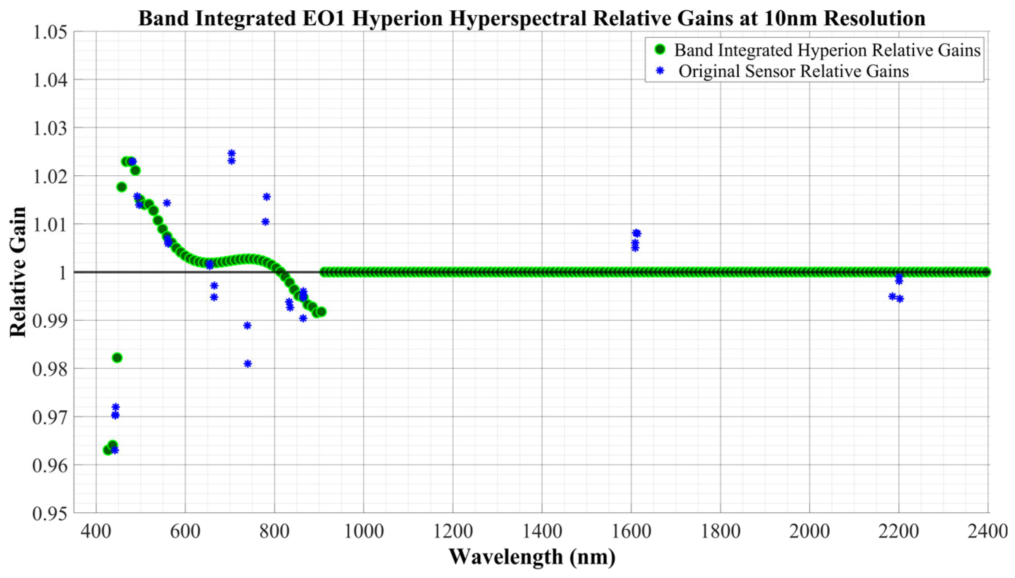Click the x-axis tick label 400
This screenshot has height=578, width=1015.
click(x=96, y=531)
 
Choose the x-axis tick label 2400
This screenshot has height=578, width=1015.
click(x=988, y=531)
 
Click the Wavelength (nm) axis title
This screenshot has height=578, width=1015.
click(x=532, y=557)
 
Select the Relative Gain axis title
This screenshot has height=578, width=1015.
click(x=18, y=272)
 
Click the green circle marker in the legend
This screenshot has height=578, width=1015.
click(x=660, y=50)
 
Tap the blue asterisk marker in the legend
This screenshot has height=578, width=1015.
click(x=660, y=71)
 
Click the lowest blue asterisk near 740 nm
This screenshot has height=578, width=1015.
click(x=247, y=364)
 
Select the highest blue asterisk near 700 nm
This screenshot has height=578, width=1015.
click(x=232, y=153)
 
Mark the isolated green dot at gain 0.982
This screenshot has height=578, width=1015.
click(x=117, y=358)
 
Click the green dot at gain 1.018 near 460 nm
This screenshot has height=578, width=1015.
click(x=122, y=187)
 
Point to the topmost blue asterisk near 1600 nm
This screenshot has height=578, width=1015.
click(x=637, y=233)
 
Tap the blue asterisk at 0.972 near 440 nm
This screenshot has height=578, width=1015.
click(x=116, y=407)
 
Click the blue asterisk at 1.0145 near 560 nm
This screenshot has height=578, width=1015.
click(x=167, y=203)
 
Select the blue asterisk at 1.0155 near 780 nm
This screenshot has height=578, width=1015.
click(x=267, y=197)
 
